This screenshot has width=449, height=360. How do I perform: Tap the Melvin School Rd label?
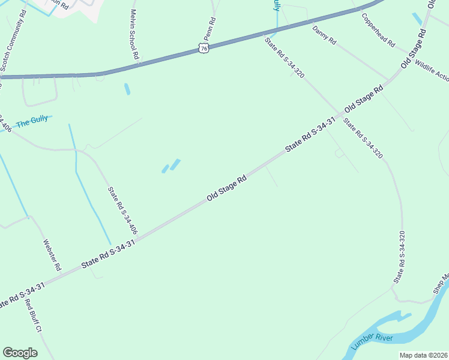(x=134, y=34)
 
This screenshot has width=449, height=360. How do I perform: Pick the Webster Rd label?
(x=52, y=254)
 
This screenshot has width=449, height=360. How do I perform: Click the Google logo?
(x=20, y=353)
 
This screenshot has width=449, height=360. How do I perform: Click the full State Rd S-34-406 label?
(x=122, y=211)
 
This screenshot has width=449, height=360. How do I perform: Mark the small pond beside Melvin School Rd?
(x=127, y=89)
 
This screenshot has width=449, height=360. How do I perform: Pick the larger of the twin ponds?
(x=175, y=164)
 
